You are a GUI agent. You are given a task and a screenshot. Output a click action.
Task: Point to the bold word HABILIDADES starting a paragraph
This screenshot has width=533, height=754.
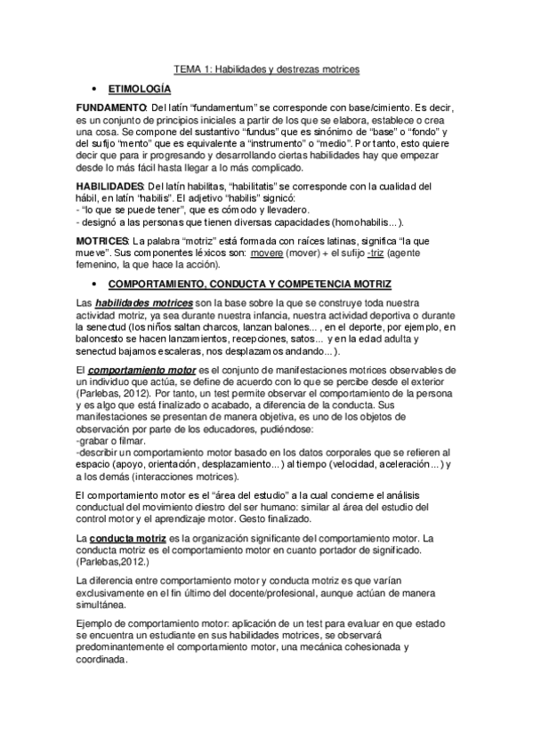pyautogui.click(x=111, y=185)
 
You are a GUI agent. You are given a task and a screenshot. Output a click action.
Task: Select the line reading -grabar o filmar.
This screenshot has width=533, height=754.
pyautogui.click(x=116, y=440)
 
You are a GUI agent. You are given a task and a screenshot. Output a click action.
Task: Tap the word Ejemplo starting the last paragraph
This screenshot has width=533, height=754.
pyautogui.click(x=97, y=624)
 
